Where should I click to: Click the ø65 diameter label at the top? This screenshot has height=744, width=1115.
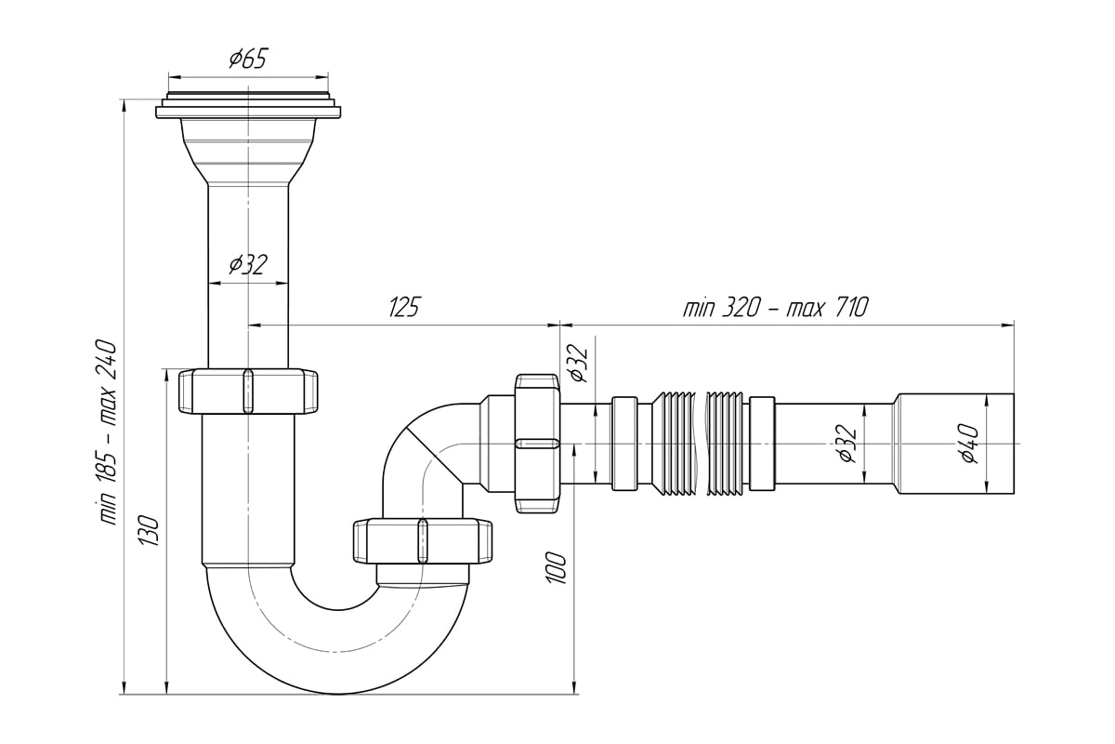[x=248, y=59]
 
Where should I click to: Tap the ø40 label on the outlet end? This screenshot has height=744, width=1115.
[x=970, y=444]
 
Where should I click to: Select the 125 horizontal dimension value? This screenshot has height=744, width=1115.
[x=403, y=307]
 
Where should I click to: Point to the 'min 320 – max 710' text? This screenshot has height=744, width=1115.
[x=776, y=307]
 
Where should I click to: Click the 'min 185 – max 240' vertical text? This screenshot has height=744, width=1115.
[x=109, y=432]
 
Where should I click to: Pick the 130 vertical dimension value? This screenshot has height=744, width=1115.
[x=150, y=531]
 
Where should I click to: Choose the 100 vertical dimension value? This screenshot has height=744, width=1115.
[x=556, y=568]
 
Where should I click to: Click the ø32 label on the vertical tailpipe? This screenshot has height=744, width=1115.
[x=248, y=265]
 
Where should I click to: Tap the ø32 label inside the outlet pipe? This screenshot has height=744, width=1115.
[x=846, y=444]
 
